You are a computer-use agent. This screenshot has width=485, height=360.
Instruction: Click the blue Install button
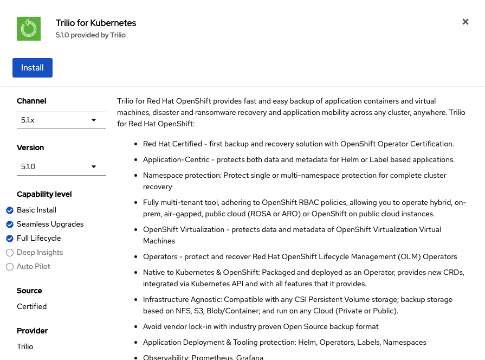coord(33,68)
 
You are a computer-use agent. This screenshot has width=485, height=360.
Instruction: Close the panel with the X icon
coord(465,22)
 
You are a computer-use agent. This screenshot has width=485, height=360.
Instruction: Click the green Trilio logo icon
coord(29,29)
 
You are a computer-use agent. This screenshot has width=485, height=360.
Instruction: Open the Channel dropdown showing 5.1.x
coord(61,120)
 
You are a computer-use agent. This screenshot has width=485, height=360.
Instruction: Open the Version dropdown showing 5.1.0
coord(61,166)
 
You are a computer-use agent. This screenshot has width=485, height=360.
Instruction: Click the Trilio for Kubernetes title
coord(96,23)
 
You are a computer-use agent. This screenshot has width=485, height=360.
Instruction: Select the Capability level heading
coord(44,194)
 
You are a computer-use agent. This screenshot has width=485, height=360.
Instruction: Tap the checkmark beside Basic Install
coord(10,210)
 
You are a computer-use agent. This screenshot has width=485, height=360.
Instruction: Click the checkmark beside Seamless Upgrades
coord(10,224)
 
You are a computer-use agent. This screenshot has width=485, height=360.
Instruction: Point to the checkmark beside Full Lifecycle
coord(10,239)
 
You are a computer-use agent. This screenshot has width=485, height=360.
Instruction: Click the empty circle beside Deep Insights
coord(10,253)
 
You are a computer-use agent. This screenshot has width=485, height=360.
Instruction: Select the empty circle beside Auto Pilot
coord(10,267)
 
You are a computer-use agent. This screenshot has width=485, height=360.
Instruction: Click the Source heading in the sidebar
coord(29,291)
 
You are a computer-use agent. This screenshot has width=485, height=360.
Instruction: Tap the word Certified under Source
coord(32,306)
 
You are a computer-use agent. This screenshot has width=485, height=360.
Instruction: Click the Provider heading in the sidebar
coord(33,331)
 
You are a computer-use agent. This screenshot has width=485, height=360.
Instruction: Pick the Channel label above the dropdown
coord(31,101)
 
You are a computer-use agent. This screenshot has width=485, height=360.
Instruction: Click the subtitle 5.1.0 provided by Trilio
coord(90,35)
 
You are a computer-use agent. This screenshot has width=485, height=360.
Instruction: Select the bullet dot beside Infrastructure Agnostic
coord(135,300)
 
